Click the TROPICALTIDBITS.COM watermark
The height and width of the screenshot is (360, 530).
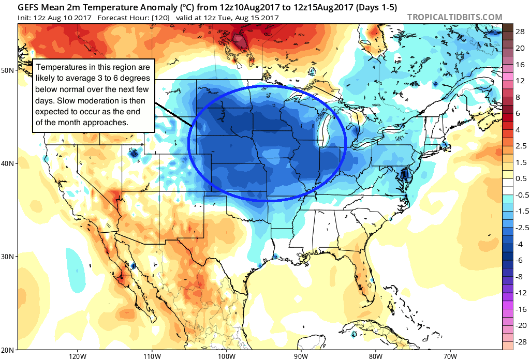tap(454, 17)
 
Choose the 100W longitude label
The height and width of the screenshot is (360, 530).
tap(226, 356)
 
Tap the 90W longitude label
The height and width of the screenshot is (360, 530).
tap(301, 356)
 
